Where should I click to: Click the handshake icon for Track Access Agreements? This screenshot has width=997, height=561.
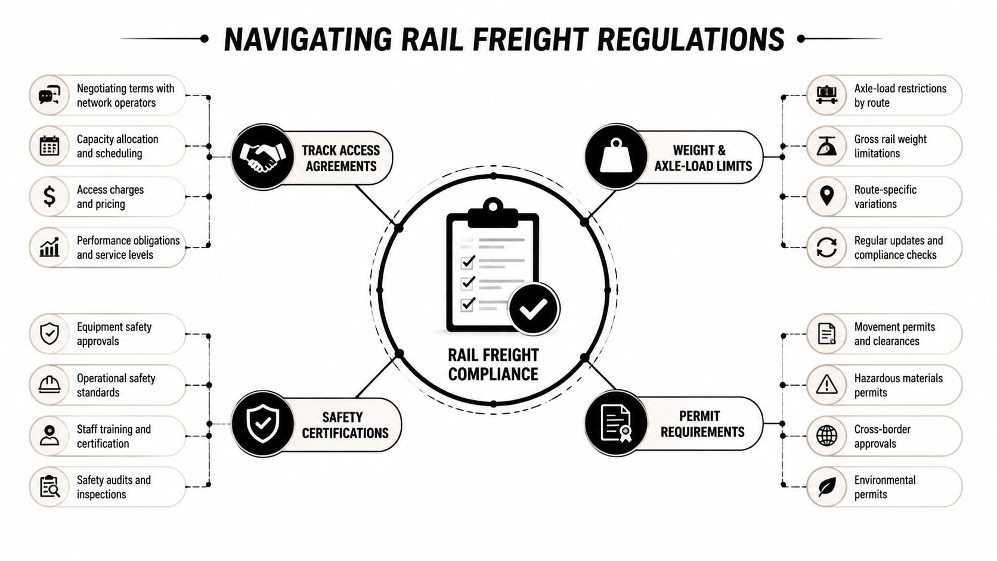(262, 157)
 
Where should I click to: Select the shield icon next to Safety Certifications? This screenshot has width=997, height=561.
(262, 423)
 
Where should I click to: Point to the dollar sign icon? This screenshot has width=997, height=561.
(49, 196)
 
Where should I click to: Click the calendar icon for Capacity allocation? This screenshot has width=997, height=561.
(49, 146)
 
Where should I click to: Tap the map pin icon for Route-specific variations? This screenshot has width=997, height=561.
(826, 196)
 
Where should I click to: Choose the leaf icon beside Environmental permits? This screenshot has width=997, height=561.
(827, 486)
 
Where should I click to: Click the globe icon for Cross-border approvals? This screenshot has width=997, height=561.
(826, 436)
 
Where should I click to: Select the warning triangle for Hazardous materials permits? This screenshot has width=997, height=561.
(826, 385)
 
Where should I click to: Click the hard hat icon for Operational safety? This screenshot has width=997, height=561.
(49, 385)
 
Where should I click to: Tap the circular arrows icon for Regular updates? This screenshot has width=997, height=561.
(826, 247)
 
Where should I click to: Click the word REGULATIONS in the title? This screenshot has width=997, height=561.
(691, 39)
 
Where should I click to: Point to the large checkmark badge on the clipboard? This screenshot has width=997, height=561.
(533, 308)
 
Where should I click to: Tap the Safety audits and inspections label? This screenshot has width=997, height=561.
(113, 487)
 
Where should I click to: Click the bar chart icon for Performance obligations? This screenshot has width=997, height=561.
(49, 247)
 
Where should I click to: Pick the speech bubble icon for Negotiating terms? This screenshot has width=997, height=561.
(49, 95)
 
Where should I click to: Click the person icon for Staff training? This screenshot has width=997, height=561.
(49, 436)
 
